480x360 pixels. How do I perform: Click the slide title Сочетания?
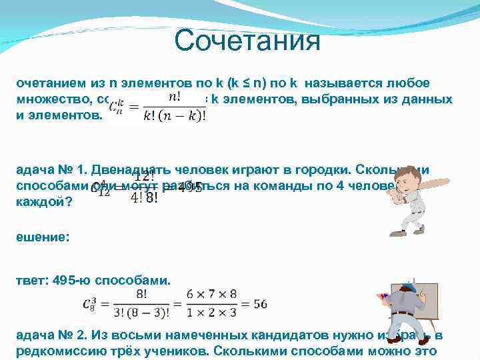pyautogui.click(x=247, y=41)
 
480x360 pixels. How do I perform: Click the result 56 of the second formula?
pyautogui.click(x=260, y=304)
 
